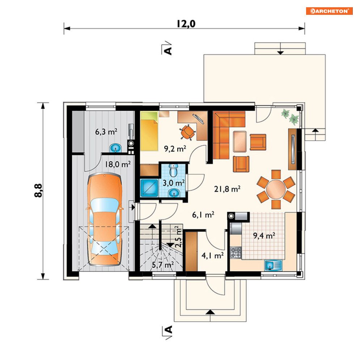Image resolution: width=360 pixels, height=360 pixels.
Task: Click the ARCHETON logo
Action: coord(329,11)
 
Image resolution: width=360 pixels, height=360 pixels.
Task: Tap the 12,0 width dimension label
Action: coord(186,24)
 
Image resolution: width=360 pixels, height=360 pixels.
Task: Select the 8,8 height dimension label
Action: coord(38,190)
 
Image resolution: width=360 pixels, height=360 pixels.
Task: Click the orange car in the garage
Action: coord(105,220)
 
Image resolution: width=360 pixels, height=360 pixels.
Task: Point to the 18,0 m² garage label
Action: coord(118,164)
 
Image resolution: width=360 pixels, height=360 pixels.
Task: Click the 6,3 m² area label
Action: coord(106,132)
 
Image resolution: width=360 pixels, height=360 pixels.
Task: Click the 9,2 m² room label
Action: coord(175,149)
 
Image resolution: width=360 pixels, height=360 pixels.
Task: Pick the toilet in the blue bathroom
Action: coord(173,170)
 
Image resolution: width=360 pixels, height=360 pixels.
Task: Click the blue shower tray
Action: coord(149,188)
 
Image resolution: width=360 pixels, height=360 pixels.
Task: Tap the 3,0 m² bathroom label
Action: coord(174,183)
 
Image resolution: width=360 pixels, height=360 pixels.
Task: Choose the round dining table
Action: coord(276,190)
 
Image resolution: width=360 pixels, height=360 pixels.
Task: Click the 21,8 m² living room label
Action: coord(227,189)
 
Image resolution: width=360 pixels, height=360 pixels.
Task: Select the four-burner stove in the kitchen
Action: coord(236,252)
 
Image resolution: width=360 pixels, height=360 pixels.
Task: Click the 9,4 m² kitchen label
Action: coord(264,236)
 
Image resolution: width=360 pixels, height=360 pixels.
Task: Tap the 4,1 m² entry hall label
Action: coord(213,255)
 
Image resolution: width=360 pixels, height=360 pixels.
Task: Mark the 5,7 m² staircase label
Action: coord(163,265)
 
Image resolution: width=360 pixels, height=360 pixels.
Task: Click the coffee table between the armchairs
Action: coord(240,141)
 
